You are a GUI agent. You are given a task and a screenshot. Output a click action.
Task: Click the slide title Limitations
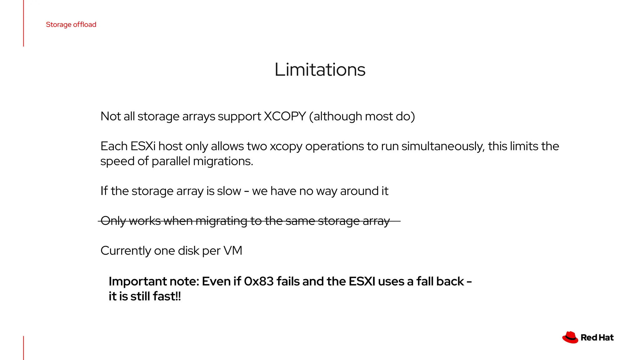point(320,69)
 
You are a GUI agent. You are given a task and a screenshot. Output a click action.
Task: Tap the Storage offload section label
point(71,24)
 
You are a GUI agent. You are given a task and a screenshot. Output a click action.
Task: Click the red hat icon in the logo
point(570,337)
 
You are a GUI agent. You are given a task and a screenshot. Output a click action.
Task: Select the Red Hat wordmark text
point(597,338)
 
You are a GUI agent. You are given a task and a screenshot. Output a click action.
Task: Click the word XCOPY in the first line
point(285,116)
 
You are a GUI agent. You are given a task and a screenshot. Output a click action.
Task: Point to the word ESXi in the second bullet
point(143,146)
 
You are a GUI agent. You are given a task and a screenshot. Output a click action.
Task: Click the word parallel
point(171,161)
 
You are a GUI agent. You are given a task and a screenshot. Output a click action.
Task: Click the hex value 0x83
point(259,281)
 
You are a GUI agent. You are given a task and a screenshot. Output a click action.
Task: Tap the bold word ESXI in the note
point(362,281)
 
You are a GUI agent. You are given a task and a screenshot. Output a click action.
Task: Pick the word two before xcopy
point(257,146)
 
